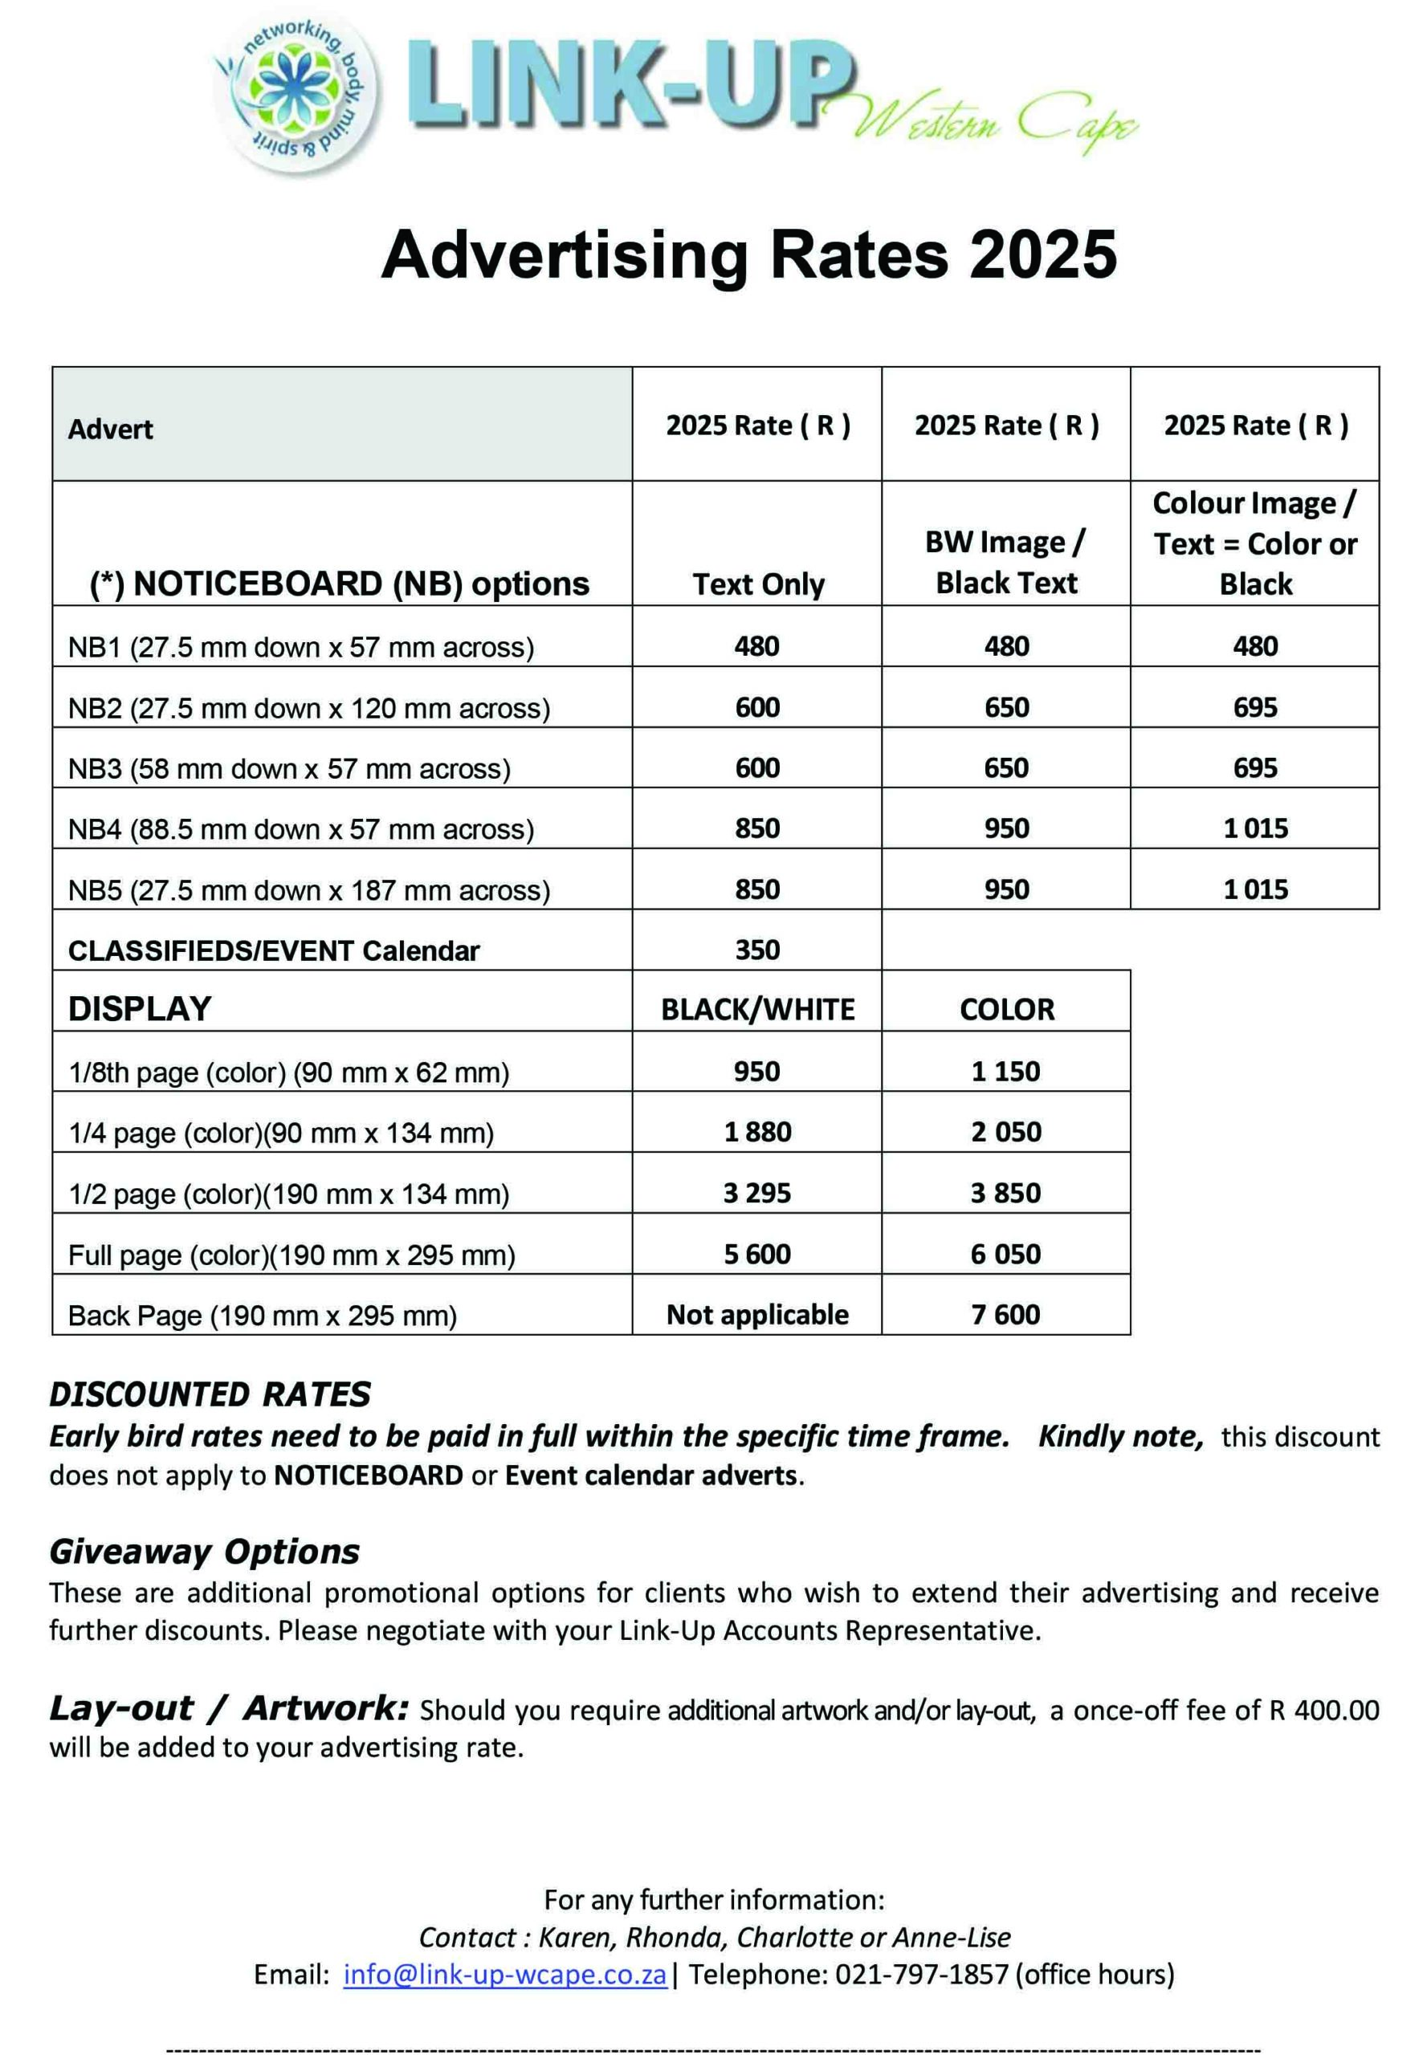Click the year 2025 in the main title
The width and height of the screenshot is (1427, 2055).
[1042, 255]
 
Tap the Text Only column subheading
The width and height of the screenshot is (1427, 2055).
[757, 584]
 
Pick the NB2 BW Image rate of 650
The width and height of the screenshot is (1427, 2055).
[1006, 707]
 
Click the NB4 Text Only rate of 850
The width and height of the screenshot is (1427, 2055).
[757, 828]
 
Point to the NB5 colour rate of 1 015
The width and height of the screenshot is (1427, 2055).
[1254, 889]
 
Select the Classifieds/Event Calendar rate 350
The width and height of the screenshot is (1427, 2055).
[757, 950]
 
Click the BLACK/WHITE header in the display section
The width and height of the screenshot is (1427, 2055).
[757, 1009]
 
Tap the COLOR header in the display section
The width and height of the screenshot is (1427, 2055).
[1006, 1009]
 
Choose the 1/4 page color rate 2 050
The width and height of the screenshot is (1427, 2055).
[1006, 1132]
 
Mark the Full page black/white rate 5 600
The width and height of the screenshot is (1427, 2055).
[757, 1253]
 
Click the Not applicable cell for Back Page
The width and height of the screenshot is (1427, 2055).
[757, 1314]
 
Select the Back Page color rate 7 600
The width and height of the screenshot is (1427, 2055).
[1006, 1314]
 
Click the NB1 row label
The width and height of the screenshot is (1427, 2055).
[300, 647]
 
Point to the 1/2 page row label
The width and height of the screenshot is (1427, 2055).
[289, 1194]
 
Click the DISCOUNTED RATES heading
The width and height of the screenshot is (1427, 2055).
[210, 1394]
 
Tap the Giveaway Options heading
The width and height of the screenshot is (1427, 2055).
[205, 1552]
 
